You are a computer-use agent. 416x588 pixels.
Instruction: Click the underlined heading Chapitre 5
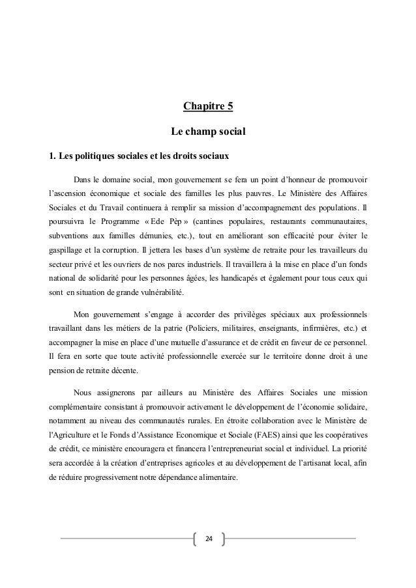coord(207,107)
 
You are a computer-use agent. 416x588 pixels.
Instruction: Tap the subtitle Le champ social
coord(207,132)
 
